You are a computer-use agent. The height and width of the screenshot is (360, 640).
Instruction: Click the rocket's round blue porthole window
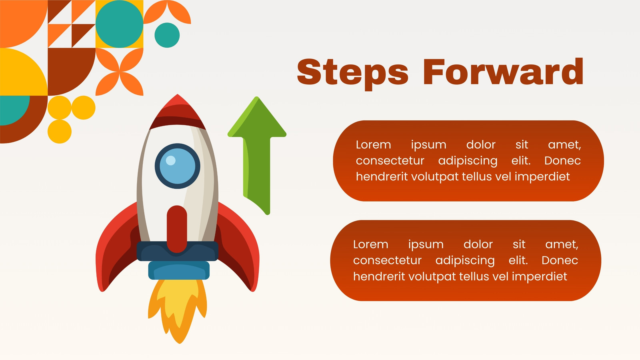click(x=178, y=166)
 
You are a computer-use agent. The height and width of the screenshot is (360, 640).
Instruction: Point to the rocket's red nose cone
click(x=178, y=112)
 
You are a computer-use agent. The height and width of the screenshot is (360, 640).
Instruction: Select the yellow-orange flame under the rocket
click(x=178, y=310)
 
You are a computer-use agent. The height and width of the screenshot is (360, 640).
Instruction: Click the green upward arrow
click(x=257, y=154)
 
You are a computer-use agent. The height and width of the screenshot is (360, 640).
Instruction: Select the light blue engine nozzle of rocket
click(x=179, y=270)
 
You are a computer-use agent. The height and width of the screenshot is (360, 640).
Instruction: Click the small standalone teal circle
click(x=167, y=35)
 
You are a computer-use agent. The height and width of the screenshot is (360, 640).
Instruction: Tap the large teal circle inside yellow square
click(x=120, y=24)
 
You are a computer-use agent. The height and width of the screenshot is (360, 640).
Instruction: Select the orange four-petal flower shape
click(x=120, y=72)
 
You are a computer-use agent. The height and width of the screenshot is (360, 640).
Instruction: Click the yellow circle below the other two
click(x=60, y=132)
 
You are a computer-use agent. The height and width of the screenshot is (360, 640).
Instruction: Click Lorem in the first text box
click(x=374, y=144)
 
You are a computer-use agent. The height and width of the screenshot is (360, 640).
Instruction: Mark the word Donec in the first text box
click(x=562, y=160)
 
